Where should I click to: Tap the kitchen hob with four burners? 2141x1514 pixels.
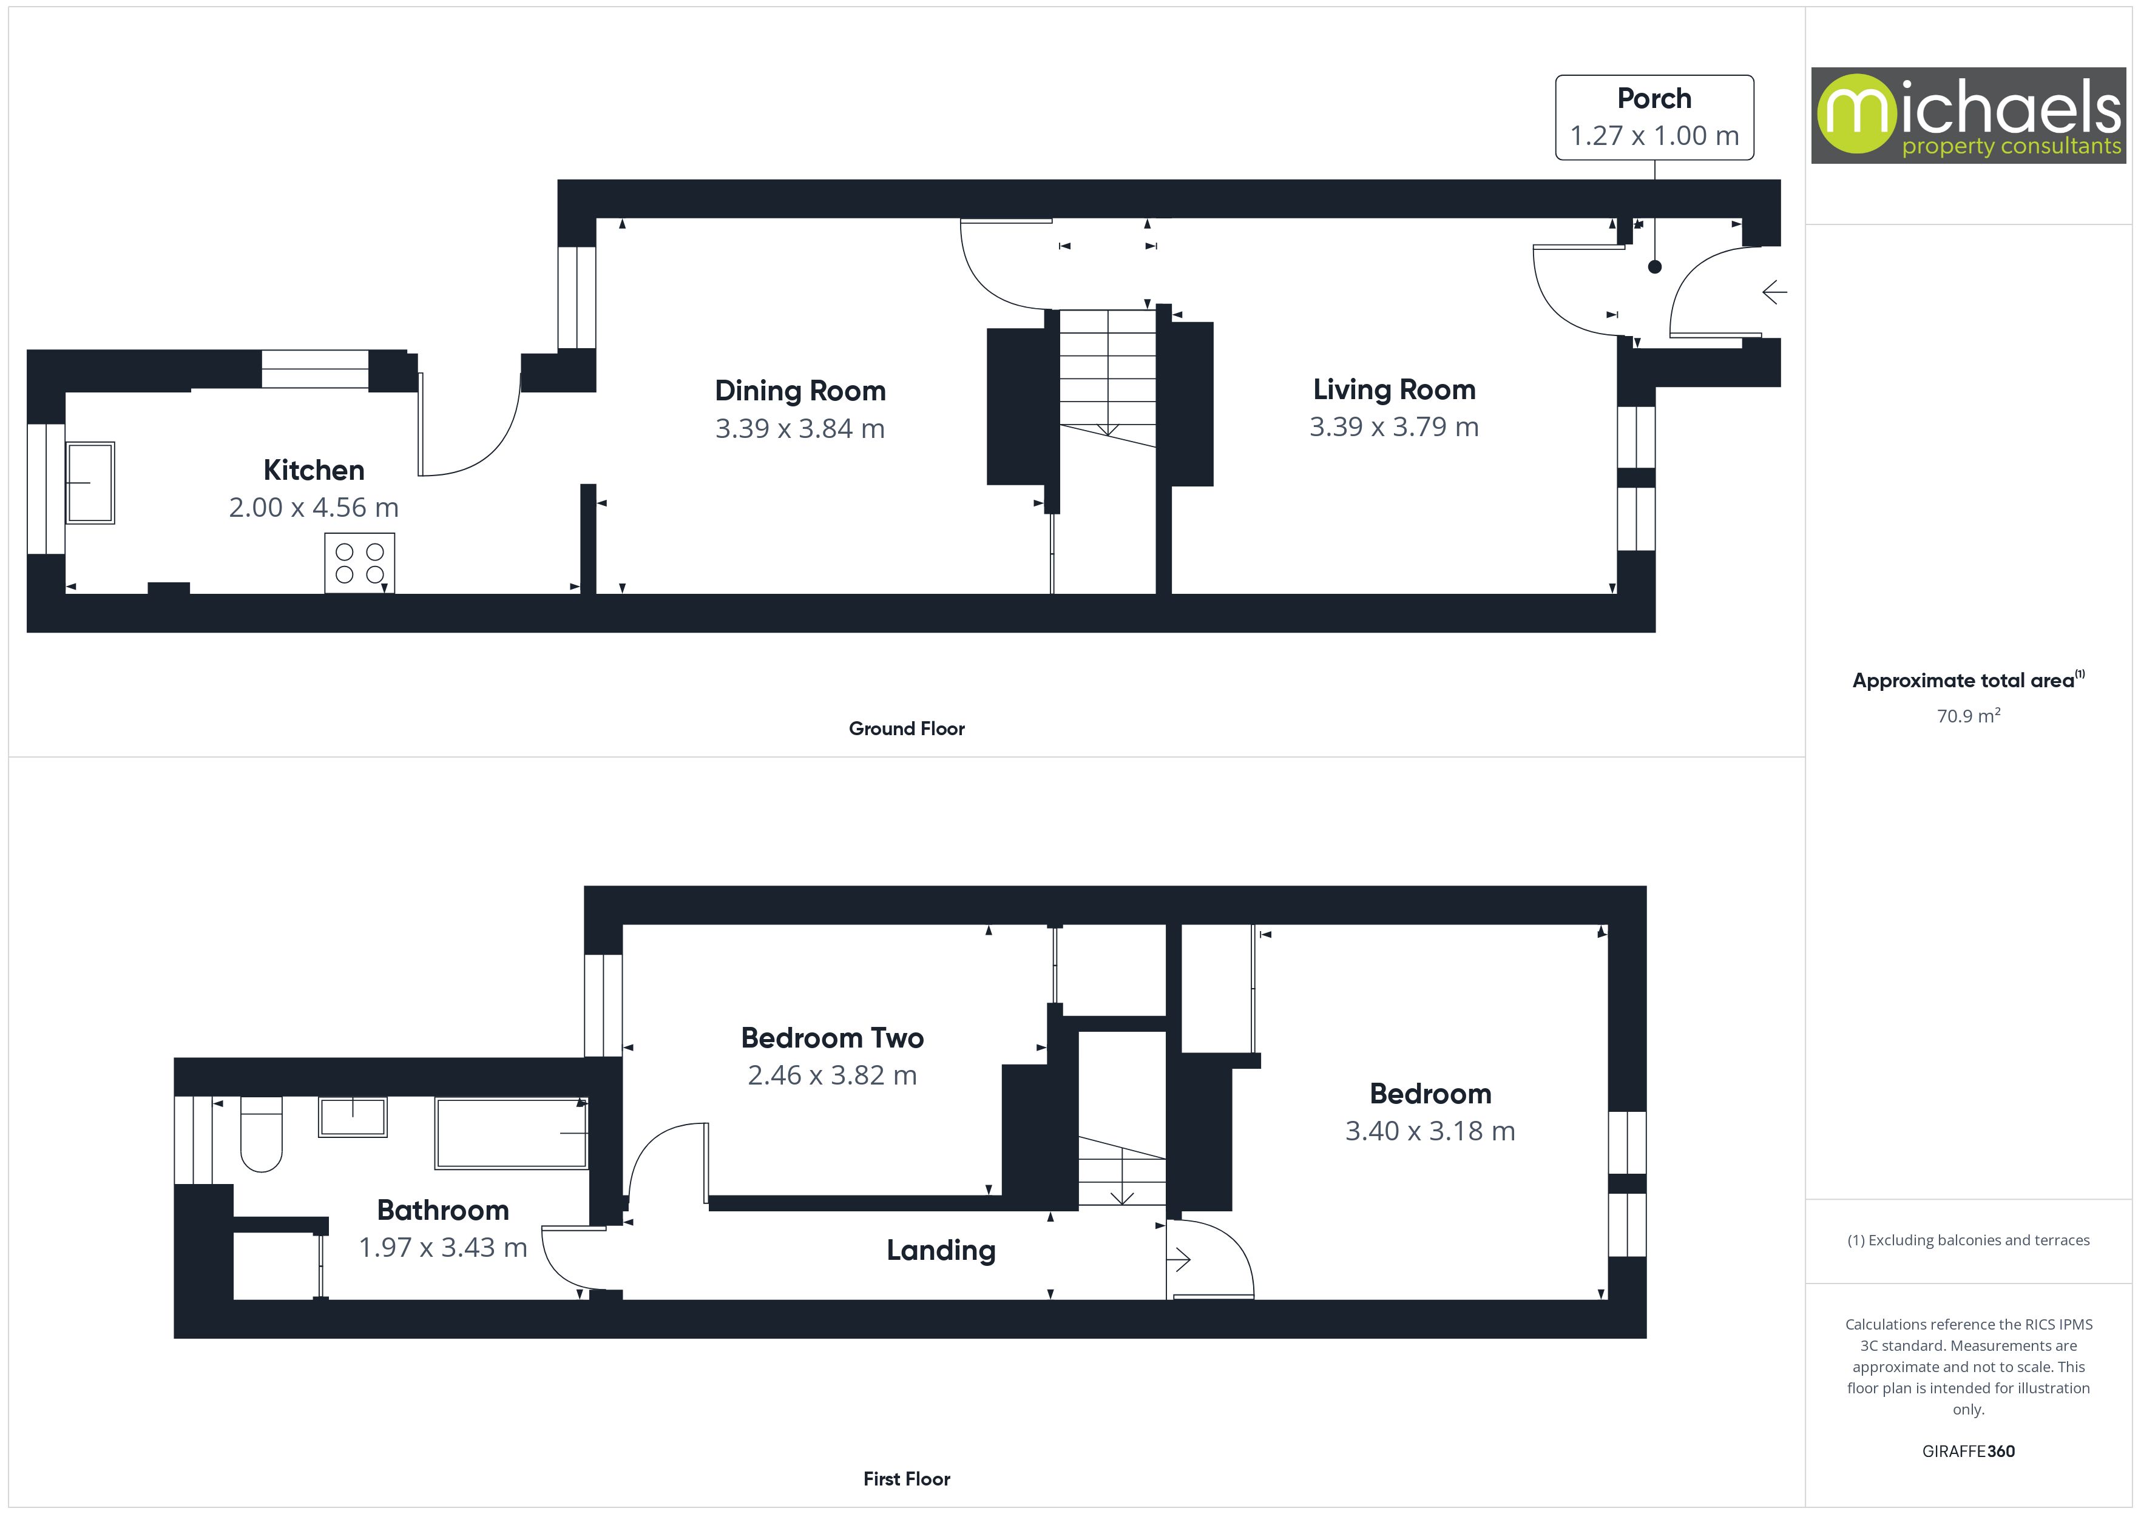359,563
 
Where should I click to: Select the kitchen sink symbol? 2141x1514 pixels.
90,483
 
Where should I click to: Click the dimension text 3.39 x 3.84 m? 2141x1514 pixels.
799,429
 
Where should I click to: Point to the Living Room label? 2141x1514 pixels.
1393,389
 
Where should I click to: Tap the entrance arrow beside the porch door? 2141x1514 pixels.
1774,293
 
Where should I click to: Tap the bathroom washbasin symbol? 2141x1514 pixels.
353,1117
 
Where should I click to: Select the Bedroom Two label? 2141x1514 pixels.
832,1038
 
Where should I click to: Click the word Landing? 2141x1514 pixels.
940,1250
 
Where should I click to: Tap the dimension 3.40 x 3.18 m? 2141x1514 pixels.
1430,1131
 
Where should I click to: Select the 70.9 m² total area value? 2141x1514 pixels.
1967,716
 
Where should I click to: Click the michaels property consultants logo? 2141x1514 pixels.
1967,116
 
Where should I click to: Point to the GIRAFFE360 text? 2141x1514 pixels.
1967,1452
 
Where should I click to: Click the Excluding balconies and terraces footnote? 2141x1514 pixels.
1967,1240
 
